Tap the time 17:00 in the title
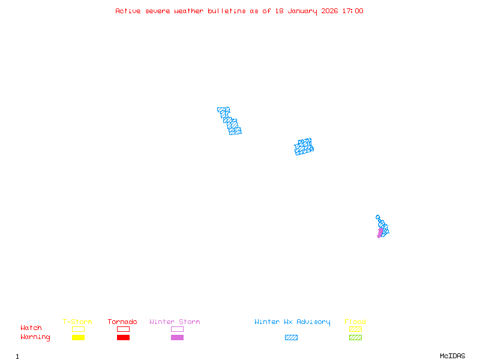pyautogui.click(x=352, y=11)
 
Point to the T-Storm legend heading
pyautogui.click(x=77, y=322)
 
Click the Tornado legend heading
pyautogui.click(x=122, y=322)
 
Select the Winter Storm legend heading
pyautogui.click(x=175, y=322)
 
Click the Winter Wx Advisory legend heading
pyautogui.click(x=292, y=322)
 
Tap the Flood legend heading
pyautogui.click(x=355, y=322)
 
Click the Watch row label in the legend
pyautogui.click(x=31, y=328)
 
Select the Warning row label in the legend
pyautogui.click(x=35, y=337)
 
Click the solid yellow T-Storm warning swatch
pyautogui.click(x=78, y=338)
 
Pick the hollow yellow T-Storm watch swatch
pyautogui.click(x=78, y=329)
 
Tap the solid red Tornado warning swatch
pyautogui.click(x=123, y=338)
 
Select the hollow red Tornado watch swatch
pyautogui.click(x=123, y=329)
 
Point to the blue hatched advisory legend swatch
pyautogui.click(x=291, y=338)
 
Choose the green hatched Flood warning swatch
pyautogui.click(x=355, y=338)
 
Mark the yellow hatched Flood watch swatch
pyautogui.click(x=355, y=329)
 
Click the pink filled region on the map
pyautogui.click(x=380, y=232)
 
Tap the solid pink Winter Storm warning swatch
pyautogui.click(x=177, y=338)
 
